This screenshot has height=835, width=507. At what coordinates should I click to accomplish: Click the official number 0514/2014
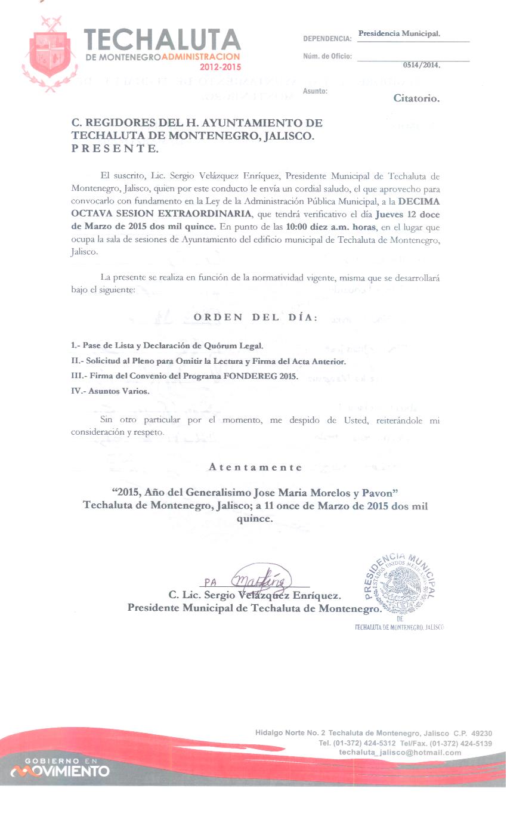coord(421,65)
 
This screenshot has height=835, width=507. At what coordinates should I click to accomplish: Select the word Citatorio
coord(416,98)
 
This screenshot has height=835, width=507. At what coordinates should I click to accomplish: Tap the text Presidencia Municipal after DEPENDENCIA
coord(399,33)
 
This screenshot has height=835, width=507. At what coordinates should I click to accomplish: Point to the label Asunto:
coord(315,91)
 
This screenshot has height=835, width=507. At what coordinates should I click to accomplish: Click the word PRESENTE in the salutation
coord(115,149)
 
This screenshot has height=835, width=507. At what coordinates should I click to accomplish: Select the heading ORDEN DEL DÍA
coord(255,317)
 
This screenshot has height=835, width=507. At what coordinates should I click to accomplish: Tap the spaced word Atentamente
coord(255,467)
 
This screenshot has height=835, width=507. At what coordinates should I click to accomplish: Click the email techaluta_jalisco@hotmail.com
coord(400,753)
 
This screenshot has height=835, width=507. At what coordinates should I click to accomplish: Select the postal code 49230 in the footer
coord(481,733)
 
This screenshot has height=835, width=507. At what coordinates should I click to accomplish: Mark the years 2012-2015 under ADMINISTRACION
coord(221,67)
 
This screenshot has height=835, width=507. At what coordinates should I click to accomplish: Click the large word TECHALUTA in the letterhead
coord(162,41)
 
